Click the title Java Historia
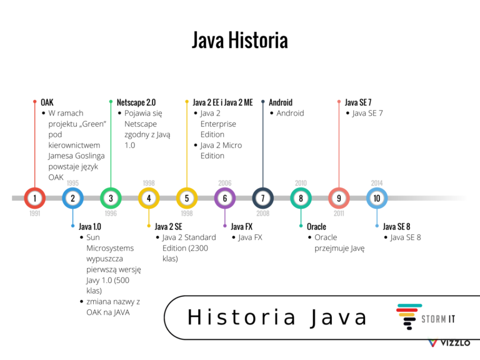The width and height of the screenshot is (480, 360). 240,41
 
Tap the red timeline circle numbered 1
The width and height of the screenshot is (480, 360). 35,198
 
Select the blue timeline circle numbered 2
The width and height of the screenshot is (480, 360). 73,198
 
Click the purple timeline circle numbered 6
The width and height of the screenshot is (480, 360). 225,198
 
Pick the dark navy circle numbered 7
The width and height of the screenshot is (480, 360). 262,198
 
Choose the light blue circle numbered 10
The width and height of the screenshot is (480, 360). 377,198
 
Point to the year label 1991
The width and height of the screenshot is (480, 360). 35,213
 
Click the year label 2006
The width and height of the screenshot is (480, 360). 225,183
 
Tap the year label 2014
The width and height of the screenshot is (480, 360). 377,183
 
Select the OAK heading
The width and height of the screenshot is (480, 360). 47,102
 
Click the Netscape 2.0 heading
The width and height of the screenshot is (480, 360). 136,102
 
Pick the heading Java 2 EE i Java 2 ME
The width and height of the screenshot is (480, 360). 222,102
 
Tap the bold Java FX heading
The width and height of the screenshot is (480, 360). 241,226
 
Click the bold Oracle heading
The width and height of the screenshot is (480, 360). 316,226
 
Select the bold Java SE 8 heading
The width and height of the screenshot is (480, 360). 397,226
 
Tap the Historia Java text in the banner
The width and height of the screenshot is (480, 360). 277,317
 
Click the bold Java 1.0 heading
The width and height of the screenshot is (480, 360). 89,226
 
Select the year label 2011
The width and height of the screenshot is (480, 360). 339,213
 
